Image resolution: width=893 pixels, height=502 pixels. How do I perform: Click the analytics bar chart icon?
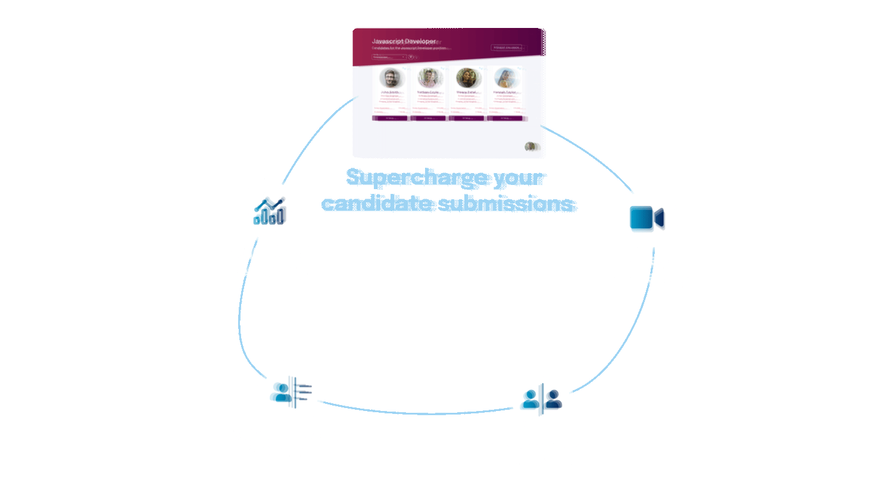coord(269,211)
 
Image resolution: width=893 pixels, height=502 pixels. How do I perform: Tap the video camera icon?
coord(647,218)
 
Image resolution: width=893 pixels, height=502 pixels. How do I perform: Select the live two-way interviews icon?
coord(541,399)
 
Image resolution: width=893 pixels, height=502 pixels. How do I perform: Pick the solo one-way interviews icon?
coord(291,392)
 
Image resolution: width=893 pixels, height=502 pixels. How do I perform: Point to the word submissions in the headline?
coord(506,203)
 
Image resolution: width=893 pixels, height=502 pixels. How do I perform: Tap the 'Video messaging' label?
coord(647,269)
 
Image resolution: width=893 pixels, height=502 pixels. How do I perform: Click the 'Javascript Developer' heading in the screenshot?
coord(404,41)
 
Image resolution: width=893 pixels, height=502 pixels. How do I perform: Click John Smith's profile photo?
coord(391,78)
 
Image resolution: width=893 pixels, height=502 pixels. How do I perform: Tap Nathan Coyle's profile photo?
coord(428,78)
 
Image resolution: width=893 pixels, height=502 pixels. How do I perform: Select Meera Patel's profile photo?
coord(467,78)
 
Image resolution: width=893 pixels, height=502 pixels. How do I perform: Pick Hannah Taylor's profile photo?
coord(505,78)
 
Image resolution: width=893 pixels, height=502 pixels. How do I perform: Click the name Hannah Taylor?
coord(505,93)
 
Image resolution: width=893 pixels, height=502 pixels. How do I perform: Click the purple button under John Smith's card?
coord(391,118)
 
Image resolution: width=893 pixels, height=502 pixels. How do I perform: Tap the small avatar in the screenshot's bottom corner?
coord(530,146)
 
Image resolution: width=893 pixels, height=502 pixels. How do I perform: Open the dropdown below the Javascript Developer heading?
coord(389,57)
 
